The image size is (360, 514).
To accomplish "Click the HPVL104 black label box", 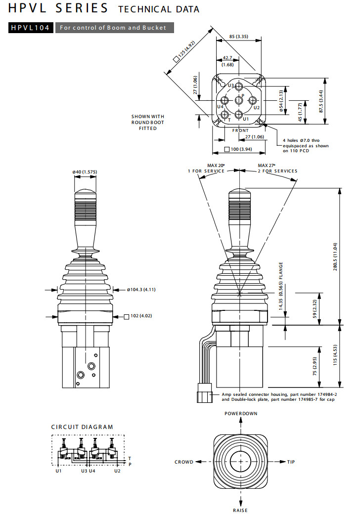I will tap(30, 28).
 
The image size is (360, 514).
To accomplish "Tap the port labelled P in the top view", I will tap(239, 101).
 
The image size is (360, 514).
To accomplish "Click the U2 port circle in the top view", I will tap(253, 101).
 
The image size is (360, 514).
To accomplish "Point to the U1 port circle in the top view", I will tap(239, 115).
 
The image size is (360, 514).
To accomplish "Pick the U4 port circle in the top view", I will tap(225, 101).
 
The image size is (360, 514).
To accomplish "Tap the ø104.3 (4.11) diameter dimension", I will tap(141, 290).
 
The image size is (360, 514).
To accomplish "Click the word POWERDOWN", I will tap(241, 413).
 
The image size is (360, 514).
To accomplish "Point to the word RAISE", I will tap(240, 510).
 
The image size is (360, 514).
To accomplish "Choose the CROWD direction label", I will tap(184, 462).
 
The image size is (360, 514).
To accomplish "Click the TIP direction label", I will tap(291, 462).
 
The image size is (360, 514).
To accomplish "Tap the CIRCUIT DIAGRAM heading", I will tap(82, 427).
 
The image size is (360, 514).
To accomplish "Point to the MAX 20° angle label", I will tap(217, 165).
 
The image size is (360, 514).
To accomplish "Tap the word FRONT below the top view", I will tap(240, 130).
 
